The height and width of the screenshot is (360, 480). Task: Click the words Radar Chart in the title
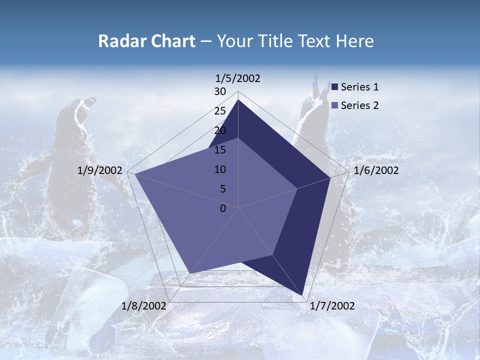146,41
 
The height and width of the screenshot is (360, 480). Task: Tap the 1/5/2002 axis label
238,78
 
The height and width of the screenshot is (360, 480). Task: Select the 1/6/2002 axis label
376,170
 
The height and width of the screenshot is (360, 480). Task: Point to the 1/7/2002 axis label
332,306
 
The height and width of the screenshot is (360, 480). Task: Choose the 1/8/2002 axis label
144,306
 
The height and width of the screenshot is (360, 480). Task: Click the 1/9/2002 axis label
100,170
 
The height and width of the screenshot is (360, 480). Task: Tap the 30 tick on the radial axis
220,91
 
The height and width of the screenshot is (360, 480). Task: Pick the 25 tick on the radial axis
220,111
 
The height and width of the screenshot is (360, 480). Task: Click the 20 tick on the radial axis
220,130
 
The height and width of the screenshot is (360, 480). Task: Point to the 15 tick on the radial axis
220,150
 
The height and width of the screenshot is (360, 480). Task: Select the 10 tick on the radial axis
220,169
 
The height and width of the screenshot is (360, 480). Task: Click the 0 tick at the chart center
223,208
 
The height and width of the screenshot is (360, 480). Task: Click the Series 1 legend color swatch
335,87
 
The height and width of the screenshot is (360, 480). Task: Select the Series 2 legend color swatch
335,105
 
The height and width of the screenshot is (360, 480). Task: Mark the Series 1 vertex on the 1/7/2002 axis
302,295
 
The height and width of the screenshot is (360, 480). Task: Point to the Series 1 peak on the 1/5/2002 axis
238,99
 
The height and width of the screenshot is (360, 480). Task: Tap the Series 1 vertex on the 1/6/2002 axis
330,177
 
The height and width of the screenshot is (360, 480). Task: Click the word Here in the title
355,41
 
